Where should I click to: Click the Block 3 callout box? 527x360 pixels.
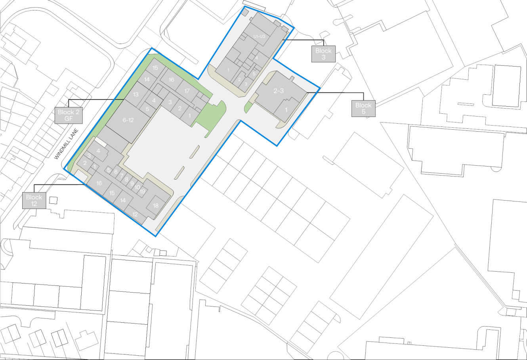point(323,54)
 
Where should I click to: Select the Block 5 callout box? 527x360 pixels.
point(363,108)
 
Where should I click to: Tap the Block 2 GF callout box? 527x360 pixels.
point(69,115)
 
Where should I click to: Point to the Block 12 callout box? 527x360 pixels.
point(34,200)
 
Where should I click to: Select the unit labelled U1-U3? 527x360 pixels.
point(262,36)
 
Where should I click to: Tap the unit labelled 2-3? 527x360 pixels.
point(279,91)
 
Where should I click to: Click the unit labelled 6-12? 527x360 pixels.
point(128,120)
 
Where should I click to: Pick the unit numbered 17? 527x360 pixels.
point(187,91)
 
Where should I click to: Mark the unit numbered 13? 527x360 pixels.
point(136,94)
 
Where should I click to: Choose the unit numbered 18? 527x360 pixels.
point(156,205)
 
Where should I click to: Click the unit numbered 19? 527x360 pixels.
point(142,191)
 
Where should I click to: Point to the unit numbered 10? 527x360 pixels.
point(137,187)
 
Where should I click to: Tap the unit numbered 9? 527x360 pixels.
point(132,184)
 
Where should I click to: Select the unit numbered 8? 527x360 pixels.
point(127,180)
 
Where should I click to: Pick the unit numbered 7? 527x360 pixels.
point(122,175)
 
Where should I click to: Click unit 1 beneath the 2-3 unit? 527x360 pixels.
point(286,110)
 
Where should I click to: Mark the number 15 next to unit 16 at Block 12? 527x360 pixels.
point(112,193)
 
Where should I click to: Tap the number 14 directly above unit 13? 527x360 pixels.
point(147,79)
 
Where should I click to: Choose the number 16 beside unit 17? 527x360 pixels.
point(171,80)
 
